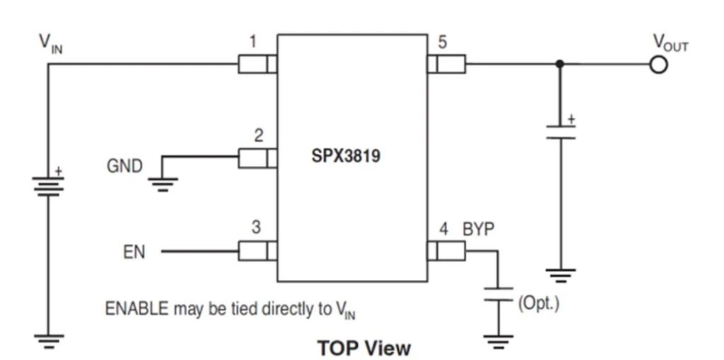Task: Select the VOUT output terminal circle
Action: pos(659,64)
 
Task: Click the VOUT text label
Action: pos(669,45)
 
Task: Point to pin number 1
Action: pos(253,43)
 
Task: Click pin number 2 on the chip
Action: pos(259,135)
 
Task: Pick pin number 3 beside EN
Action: pos(256,228)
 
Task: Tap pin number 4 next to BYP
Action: pos(443,229)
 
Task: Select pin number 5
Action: pos(442,43)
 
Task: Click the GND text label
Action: pos(125,167)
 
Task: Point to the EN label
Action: pos(134,252)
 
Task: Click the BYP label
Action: pos(479,229)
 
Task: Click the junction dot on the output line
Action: pos(560,64)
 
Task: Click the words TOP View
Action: pos(363,348)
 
